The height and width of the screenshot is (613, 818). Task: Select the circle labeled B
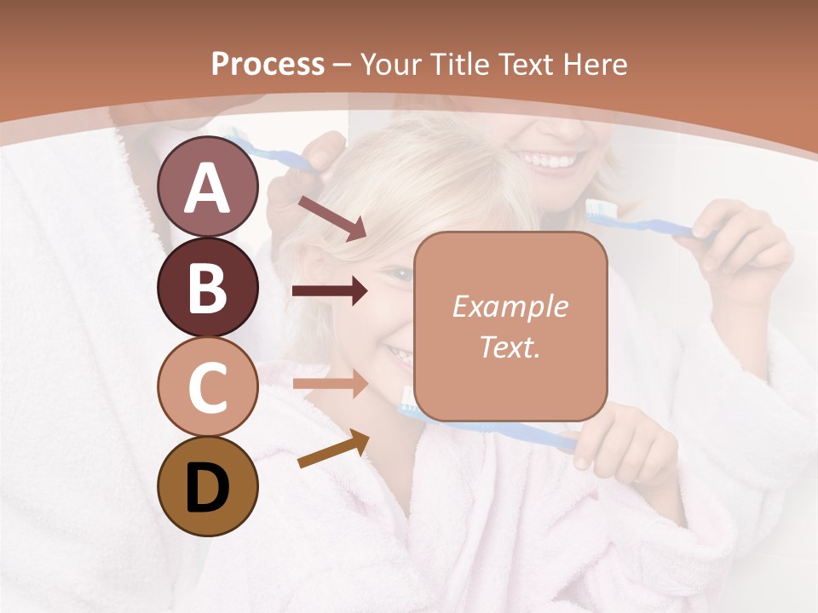click(207, 288)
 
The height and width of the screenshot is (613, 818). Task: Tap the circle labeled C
click(207, 387)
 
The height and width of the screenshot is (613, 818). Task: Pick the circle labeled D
click(207, 487)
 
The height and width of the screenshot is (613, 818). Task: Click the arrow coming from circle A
click(332, 217)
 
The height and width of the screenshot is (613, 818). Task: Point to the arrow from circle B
click(330, 292)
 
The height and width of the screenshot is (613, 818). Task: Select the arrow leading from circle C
click(330, 383)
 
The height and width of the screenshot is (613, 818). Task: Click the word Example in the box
click(510, 306)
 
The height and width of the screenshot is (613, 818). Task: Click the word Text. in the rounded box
click(510, 347)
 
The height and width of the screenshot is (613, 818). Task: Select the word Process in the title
click(268, 64)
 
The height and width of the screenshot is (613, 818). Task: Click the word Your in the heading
click(389, 64)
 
